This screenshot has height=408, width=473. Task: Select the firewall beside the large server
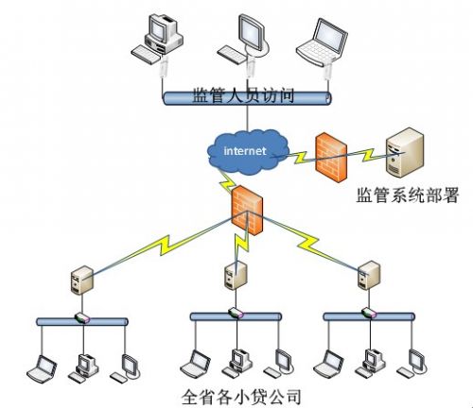(331, 157)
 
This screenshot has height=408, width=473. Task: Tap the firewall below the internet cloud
(247, 210)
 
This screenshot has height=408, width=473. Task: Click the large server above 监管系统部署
(405, 152)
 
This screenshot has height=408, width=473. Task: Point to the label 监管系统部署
(408, 195)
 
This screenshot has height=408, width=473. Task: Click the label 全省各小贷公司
(241, 397)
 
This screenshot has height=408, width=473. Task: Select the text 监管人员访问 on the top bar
(243, 94)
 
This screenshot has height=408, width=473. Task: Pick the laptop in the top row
(322, 42)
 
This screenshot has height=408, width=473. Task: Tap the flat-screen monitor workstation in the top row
(243, 40)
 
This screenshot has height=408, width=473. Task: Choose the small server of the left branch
(82, 280)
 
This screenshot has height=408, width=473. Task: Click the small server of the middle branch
(236, 276)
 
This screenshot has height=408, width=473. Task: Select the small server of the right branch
(369, 276)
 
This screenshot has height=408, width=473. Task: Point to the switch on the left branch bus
(82, 318)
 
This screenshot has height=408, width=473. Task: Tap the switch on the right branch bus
(369, 313)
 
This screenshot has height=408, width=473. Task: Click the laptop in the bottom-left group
(42, 368)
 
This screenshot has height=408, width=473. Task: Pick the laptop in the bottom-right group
(328, 364)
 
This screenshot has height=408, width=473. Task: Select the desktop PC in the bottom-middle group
(237, 363)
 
